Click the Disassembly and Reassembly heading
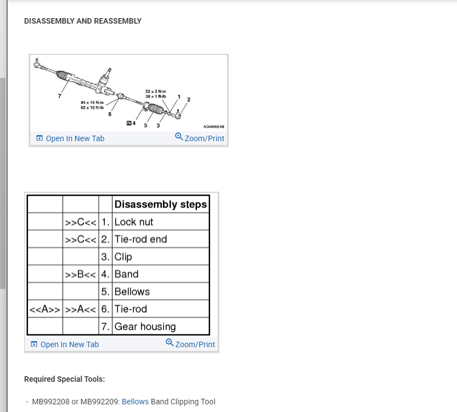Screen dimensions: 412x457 point(83,21)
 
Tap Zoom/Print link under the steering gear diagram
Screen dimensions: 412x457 point(200,138)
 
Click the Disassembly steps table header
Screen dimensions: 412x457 point(160,204)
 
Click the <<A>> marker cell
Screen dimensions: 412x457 point(45,309)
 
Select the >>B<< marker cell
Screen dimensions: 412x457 point(81,274)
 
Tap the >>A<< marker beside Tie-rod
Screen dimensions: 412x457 point(81,309)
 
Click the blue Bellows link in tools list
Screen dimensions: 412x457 point(135,402)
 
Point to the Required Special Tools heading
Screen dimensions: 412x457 point(64,379)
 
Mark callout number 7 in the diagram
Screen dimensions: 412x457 point(59,96)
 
